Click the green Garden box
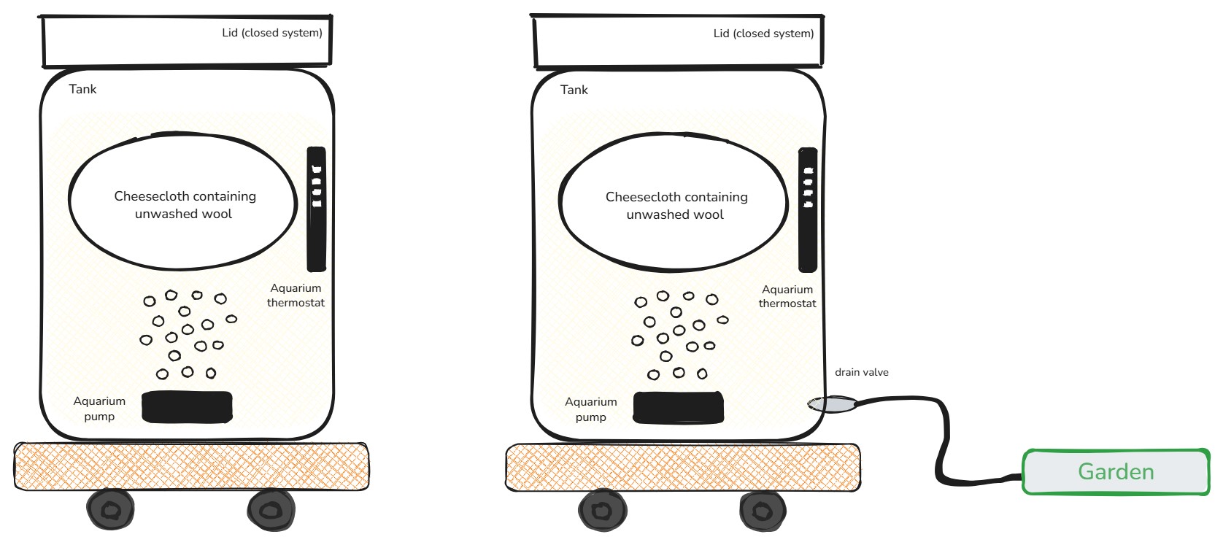(x=1116, y=472)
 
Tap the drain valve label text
(x=861, y=372)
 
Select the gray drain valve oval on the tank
(x=832, y=403)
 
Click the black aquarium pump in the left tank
(x=187, y=407)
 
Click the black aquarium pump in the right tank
(x=679, y=408)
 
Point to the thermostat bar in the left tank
(x=316, y=209)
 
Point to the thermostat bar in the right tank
(x=808, y=210)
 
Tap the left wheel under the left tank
(x=111, y=509)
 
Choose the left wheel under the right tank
(x=603, y=510)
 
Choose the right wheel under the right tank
(x=763, y=510)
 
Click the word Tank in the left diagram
(x=82, y=89)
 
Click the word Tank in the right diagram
(x=574, y=90)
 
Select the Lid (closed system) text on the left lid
(x=272, y=33)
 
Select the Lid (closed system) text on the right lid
(x=763, y=34)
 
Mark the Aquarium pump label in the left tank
(x=99, y=409)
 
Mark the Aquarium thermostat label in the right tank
(x=787, y=296)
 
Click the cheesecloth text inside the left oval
(x=185, y=205)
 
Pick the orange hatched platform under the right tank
(x=682, y=467)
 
